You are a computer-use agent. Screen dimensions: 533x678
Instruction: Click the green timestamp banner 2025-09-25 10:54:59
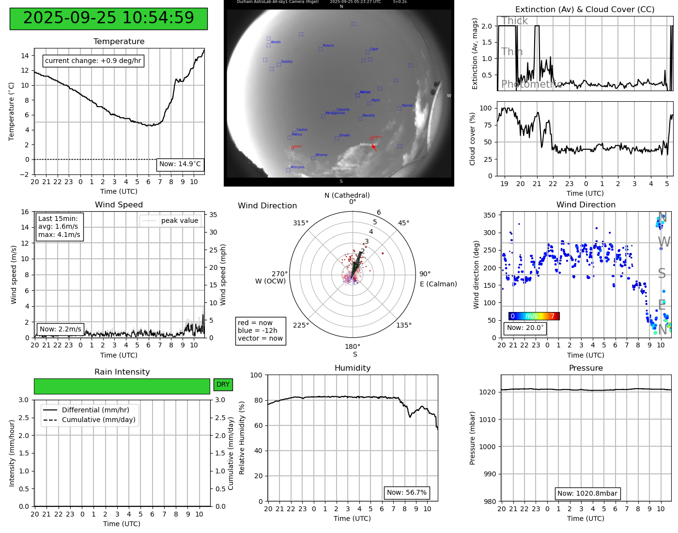pyautogui.click(x=108, y=18)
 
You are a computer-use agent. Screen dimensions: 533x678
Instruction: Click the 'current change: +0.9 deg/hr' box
pyautogui.click(x=93, y=61)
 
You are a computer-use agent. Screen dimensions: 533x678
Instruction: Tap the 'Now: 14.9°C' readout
pyautogui.click(x=180, y=164)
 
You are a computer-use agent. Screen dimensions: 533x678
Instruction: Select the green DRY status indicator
pyautogui.click(x=223, y=385)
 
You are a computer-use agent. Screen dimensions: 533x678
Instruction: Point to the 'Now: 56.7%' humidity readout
pyautogui.click(x=407, y=493)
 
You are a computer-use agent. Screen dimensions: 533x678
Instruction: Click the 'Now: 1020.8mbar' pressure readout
pyautogui.click(x=587, y=494)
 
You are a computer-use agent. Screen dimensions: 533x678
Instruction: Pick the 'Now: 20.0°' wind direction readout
pyautogui.click(x=525, y=328)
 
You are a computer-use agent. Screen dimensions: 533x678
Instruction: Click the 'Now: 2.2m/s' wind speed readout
pyautogui.click(x=61, y=329)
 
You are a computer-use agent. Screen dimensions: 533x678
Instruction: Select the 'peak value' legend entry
pyautogui.click(x=170, y=221)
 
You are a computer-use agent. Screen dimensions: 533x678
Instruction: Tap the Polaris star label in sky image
pyautogui.click(x=328, y=46)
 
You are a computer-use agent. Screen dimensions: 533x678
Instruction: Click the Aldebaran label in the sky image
pyautogui.click(x=368, y=144)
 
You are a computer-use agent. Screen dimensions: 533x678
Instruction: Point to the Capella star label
pyautogui.click(x=343, y=110)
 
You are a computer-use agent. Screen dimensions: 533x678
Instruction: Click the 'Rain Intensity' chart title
pyautogui.click(x=122, y=372)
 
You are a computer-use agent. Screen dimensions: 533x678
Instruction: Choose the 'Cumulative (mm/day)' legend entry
pyautogui.click(x=98, y=420)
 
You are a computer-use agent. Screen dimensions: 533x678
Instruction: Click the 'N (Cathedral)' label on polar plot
pyautogui.click(x=347, y=195)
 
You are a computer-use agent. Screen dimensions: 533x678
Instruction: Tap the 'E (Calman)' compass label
pyautogui.click(x=438, y=284)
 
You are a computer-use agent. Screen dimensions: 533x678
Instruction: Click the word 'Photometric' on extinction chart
pyautogui.click(x=532, y=84)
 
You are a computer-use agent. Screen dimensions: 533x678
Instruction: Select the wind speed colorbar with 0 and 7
pyautogui.click(x=534, y=316)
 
